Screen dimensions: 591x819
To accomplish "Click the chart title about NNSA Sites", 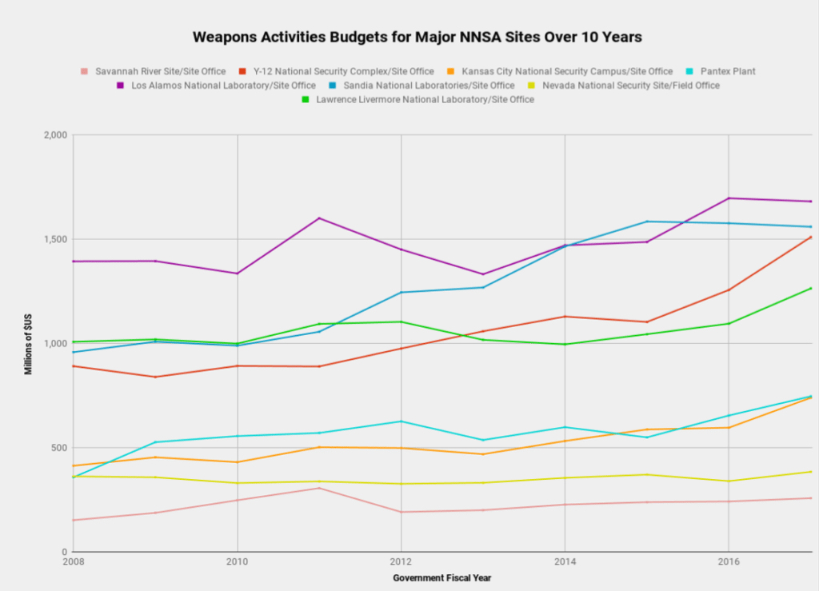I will (x=417, y=37).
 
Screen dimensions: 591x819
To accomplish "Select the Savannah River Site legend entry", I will (x=160, y=71).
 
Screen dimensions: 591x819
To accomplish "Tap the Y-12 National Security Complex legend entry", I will (x=343, y=71).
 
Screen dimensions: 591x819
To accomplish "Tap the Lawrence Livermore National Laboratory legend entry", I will (x=425, y=100).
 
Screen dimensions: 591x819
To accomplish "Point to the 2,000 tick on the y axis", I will (x=55, y=135).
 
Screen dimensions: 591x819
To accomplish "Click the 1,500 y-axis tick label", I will (x=55, y=239).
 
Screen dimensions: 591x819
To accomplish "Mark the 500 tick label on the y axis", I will (x=60, y=448).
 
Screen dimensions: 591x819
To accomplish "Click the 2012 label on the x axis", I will (x=401, y=562).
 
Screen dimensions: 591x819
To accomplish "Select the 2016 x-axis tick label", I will (x=728, y=562).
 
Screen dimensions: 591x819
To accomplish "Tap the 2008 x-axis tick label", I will (x=73, y=562).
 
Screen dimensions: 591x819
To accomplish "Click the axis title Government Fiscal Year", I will (x=441, y=577).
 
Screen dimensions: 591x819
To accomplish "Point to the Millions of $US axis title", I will (x=28, y=344).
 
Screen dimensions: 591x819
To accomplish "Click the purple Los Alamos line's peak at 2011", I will (x=319, y=218).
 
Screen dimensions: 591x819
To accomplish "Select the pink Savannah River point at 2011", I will (x=319, y=488).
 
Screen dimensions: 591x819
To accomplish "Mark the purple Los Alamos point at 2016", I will (x=729, y=198).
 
